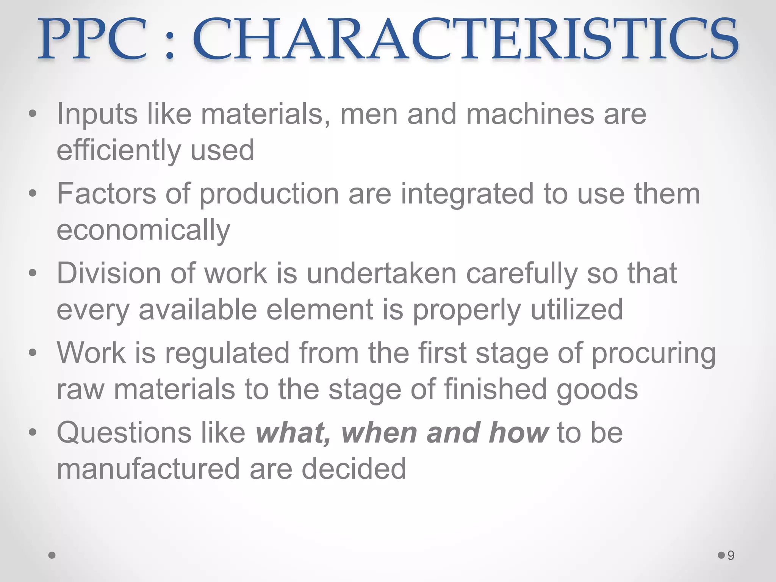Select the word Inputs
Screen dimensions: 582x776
[x=97, y=114]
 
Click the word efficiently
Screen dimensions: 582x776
[x=119, y=150]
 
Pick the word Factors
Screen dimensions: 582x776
[x=106, y=194]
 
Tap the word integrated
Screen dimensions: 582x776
[x=467, y=194]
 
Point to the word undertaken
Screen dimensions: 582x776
[x=382, y=273]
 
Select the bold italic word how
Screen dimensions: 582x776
[x=518, y=432]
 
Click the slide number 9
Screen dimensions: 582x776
[x=731, y=555]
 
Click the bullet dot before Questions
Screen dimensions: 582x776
[x=33, y=432]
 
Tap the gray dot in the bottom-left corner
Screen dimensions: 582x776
[x=52, y=555]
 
